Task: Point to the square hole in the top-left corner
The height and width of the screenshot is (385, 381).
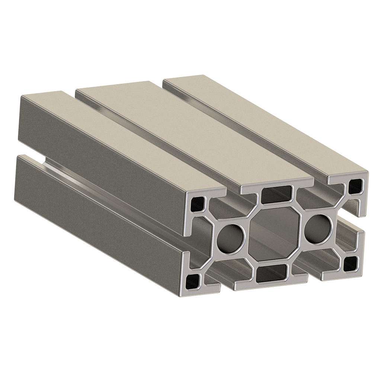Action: pos(198,203)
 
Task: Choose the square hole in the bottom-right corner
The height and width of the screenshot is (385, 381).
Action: pos(350,263)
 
